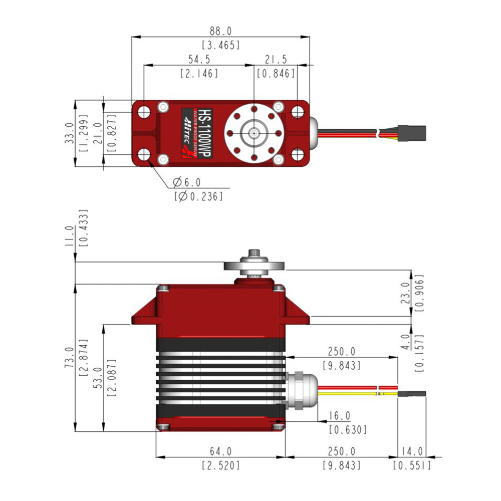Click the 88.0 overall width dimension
click(220, 31)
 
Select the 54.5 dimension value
click(199, 60)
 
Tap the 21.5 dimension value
click(276, 60)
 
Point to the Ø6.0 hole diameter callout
click(187, 182)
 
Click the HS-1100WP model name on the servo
click(205, 133)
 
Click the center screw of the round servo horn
click(254, 133)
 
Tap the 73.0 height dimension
click(69, 358)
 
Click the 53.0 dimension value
click(98, 378)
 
